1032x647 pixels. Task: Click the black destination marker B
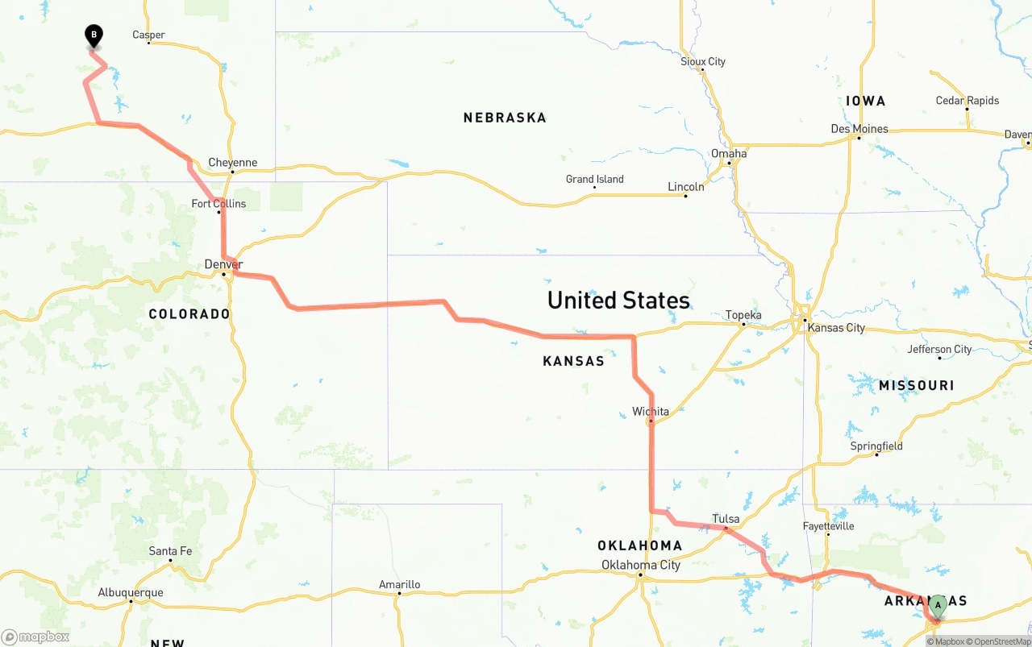pos(94,35)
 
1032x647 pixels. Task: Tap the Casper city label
pos(149,35)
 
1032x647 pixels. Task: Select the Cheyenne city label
pos(233,163)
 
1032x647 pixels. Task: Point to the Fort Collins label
pos(218,204)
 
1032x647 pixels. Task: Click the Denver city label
pos(223,264)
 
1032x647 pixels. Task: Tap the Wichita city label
pos(651,412)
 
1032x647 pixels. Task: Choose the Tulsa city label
pos(726,519)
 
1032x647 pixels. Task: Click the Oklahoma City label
pos(641,565)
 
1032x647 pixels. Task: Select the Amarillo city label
pos(399,585)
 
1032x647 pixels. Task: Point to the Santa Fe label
pos(170,551)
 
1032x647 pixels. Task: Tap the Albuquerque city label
pos(131,592)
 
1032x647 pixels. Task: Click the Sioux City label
pos(703,61)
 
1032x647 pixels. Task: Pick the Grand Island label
pos(594,179)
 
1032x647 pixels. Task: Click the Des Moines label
pos(859,129)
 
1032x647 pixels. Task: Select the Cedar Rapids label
pos(967,101)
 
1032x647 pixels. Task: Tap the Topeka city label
pos(743,315)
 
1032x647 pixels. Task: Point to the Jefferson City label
pos(939,349)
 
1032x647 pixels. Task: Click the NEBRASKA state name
pos(505,118)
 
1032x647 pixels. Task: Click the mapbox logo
pos(35,637)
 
